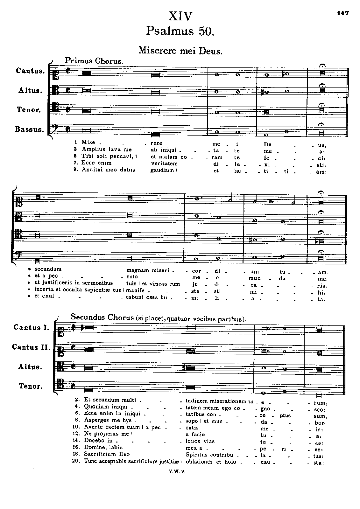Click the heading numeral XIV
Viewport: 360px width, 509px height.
[180, 16]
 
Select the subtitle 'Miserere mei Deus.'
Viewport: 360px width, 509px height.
[180, 50]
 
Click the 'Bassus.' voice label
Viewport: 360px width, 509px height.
[29, 129]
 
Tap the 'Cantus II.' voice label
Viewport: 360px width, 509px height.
[31, 347]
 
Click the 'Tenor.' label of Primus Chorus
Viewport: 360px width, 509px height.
[29, 110]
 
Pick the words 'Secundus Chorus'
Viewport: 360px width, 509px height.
[102, 317]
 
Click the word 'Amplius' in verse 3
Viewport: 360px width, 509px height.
[91, 149]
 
